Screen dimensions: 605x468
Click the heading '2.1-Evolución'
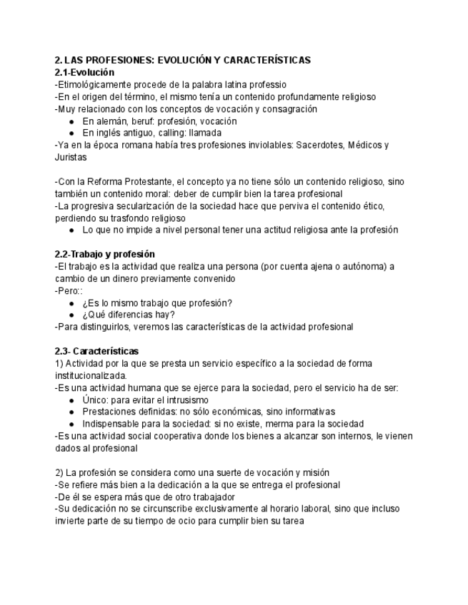click(84, 73)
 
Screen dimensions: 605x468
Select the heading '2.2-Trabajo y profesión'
click(105, 254)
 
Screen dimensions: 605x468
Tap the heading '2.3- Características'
click(96, 351)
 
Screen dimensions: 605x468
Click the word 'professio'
click(266, 85)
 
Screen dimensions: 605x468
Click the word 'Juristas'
click(69, 158)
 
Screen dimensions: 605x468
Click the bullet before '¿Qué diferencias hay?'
click(72, 315)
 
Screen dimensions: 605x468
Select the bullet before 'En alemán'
click(72, 121)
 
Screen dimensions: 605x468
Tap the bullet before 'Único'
click(72, 400)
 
